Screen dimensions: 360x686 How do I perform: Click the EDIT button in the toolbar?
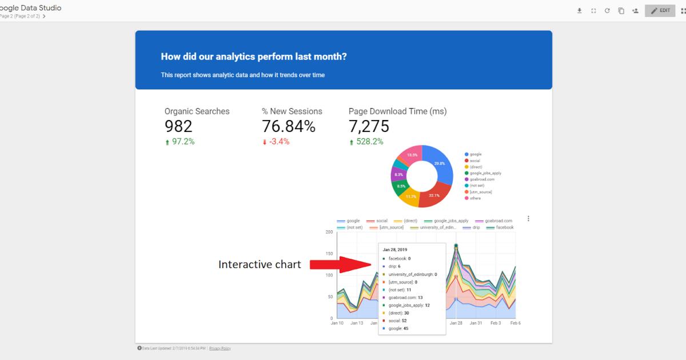point(660,10)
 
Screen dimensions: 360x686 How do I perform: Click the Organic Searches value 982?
point(178,126)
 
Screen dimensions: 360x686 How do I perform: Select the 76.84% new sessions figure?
point(289,126)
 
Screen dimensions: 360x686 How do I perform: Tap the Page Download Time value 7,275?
point(369,126)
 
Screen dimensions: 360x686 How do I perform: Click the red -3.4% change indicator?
point(276,142)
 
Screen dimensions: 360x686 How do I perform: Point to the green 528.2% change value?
point(366,142)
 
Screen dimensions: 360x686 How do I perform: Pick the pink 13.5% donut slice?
point(410,154)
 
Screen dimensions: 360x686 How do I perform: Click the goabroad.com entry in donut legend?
point(482,179)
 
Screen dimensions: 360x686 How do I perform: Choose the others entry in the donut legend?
point(476,198)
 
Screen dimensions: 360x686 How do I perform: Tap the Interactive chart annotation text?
point(260,265)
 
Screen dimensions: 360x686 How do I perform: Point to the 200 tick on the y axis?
point(329,232)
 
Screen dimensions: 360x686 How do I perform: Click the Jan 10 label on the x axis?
point(337,323)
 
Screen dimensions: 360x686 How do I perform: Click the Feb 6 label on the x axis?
point(515,323)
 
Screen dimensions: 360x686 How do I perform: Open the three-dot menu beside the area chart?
point(528,218)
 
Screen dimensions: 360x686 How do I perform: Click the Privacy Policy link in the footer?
point(220,348)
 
